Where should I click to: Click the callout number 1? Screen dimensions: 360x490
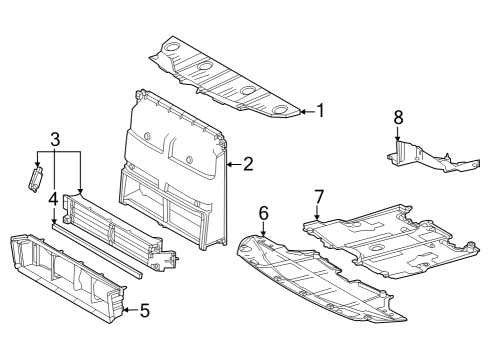click(320, 110)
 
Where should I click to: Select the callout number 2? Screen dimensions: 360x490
click(247, 163)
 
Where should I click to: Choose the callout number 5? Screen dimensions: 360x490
click(144, 310)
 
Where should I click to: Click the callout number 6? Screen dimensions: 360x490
click(264, 212)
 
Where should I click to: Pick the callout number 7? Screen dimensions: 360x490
click(319, 195)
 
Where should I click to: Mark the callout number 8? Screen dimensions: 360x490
click(397, 118)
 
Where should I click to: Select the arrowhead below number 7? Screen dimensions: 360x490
click(318, 217)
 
